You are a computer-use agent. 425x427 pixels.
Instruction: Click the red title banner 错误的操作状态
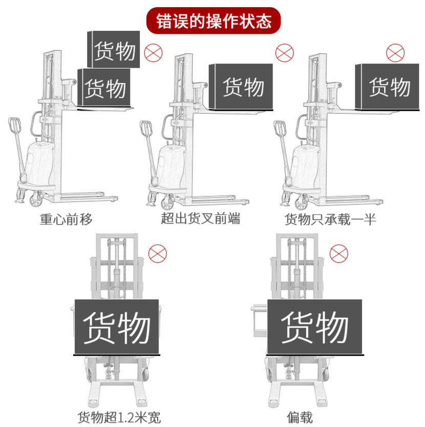pos(213,21)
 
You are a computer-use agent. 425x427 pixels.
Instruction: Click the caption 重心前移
pos(67,219)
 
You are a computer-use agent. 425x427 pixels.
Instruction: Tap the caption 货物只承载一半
pos(330,219)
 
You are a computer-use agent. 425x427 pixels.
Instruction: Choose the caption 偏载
pos(300,416)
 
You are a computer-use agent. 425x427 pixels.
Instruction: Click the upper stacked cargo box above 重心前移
pos(114,50)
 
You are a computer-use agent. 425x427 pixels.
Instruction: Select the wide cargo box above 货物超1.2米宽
pos(116,327)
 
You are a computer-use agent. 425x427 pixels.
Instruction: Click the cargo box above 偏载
pos(314,327)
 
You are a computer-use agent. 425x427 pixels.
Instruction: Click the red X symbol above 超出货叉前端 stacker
pos(285,53)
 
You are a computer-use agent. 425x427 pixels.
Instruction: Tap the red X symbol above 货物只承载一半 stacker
pos(395,53)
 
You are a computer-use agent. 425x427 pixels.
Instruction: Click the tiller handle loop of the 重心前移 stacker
pos(14,126)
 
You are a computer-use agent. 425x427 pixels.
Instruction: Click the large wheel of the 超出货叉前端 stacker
pos(168,201)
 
